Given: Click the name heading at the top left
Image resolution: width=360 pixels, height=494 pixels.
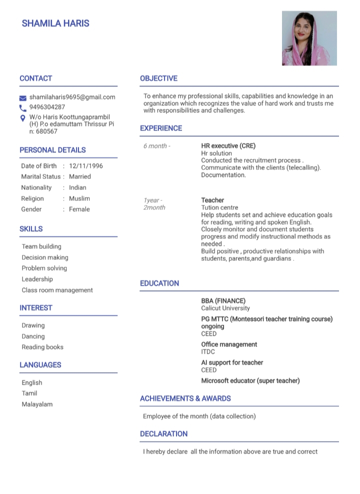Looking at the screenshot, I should point(55,23).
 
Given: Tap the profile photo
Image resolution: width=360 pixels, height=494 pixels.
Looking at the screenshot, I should point(309,38).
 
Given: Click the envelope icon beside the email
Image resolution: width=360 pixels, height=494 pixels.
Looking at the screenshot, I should point(22,98).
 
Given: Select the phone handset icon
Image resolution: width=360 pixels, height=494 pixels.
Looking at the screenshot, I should point(22,108).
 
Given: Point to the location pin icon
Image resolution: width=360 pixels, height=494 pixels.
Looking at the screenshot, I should point(22,118).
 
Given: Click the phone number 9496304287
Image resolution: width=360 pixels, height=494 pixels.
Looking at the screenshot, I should point(47,107).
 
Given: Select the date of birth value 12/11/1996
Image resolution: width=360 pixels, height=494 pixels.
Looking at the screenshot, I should point(86,166).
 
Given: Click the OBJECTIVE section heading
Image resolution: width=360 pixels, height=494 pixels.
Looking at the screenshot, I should point(158,78).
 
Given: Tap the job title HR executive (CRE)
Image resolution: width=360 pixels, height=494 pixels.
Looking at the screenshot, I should point(228,146).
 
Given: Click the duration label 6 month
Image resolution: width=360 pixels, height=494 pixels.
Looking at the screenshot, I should point(156,146).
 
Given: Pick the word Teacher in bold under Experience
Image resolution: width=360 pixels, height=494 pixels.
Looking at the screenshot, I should point(212,200).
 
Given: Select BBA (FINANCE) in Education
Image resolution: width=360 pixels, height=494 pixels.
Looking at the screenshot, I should point(223,301).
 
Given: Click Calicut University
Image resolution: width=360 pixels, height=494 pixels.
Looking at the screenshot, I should point(225,308).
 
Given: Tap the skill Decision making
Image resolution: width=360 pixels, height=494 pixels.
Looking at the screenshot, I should point(45,257).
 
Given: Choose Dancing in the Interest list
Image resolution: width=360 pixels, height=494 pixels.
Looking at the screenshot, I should point(33,336).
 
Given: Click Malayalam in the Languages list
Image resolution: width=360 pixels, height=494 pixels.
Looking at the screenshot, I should point(37,404).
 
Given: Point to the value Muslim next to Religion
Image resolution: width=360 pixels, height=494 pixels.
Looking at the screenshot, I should point(79,198).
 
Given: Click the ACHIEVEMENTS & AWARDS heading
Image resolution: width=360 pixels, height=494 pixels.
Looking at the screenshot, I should point(185,399).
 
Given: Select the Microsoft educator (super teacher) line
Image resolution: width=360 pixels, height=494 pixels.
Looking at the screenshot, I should point(250,381).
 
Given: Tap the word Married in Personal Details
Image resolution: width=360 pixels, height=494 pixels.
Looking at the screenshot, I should point(80,176).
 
